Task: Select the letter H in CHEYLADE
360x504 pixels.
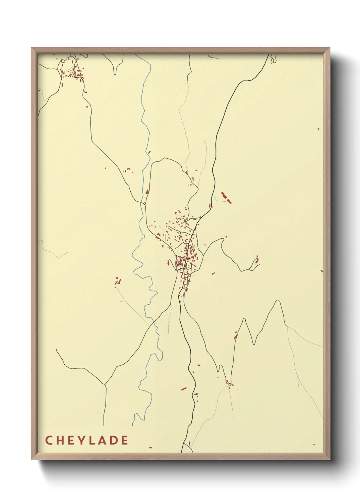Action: (x=59, y=440)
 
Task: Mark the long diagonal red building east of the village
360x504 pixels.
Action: (x=226, y=198)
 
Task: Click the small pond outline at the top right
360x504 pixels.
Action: (x=273, y=60)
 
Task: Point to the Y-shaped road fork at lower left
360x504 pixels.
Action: (x=105, y=384)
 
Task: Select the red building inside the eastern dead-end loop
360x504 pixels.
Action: (x=257, y=261)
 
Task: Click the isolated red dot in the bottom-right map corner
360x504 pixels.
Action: (x=314, y=444)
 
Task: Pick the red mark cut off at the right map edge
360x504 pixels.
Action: (x=322, y=271)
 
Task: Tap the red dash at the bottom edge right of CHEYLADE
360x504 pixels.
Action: (x=150, y=448)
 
